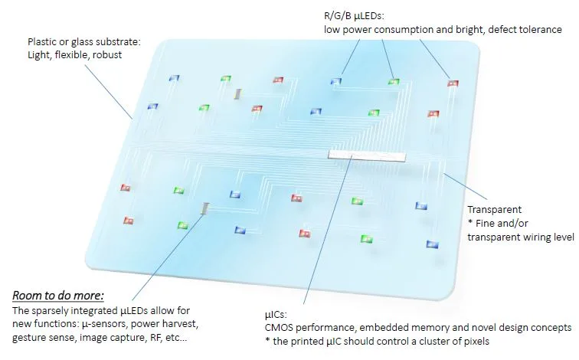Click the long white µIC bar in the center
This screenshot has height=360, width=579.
click(365, 155)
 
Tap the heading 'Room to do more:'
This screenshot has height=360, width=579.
click(57, 295)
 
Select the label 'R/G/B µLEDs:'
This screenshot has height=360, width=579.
click(356, 15)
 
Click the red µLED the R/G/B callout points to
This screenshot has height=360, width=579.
click(452, 83)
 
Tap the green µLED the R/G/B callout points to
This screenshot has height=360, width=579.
click(393, 80)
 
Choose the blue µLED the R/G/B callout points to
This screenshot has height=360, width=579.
click(336, 80)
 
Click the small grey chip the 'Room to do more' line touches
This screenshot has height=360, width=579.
click(204, 208)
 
